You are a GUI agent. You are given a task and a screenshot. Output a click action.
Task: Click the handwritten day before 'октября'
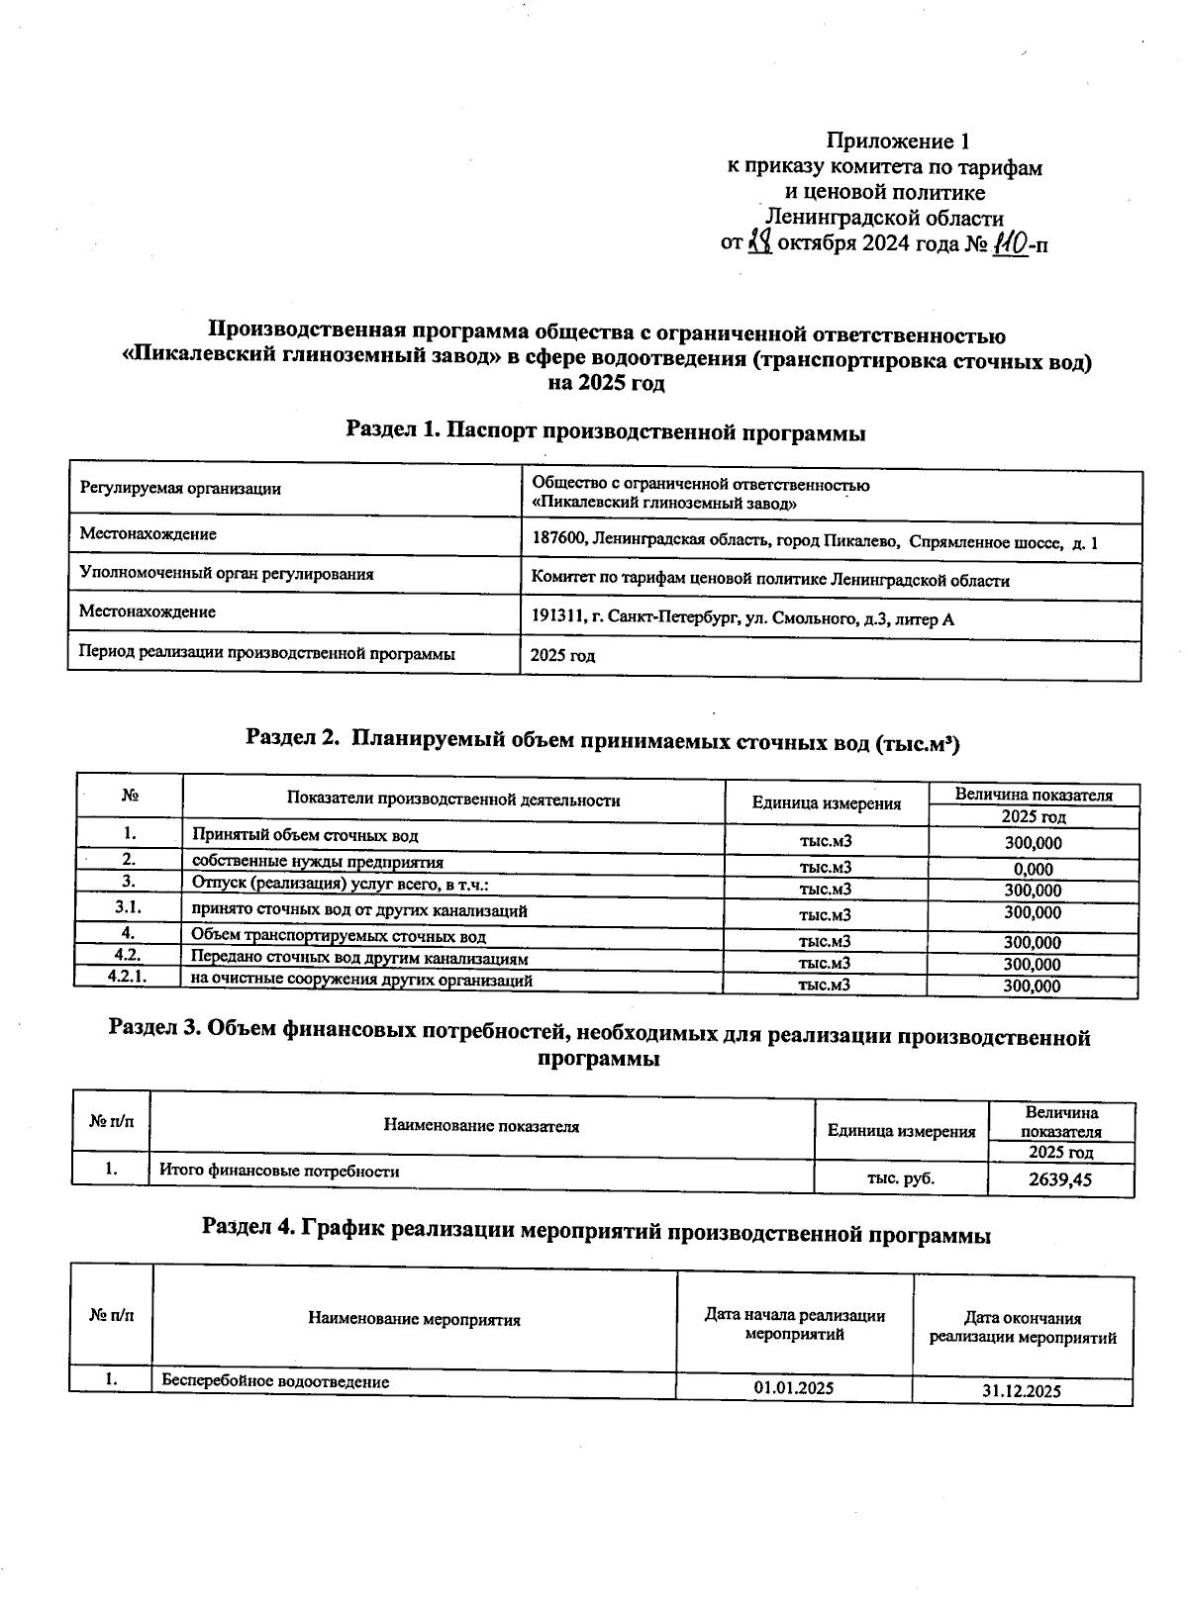pos(760,241)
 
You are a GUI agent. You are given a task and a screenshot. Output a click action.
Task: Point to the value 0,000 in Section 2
pos(1033,869)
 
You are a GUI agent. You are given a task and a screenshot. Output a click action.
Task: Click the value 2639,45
pos(1060,1178)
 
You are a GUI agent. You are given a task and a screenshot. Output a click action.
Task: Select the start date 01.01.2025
pos(793,1387)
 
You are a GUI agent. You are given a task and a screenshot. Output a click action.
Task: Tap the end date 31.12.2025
pos(1022,1390)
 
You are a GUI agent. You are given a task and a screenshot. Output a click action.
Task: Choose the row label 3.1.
pos(129,906)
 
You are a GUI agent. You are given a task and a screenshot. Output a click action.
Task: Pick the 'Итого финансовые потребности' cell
pos(280,1172)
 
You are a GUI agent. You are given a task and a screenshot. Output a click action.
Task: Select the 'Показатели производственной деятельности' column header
pos(453,799)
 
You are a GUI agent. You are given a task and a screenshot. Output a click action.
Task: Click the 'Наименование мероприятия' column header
pos(414,1319)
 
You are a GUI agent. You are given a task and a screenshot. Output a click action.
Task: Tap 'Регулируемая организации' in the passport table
pos(180,488)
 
